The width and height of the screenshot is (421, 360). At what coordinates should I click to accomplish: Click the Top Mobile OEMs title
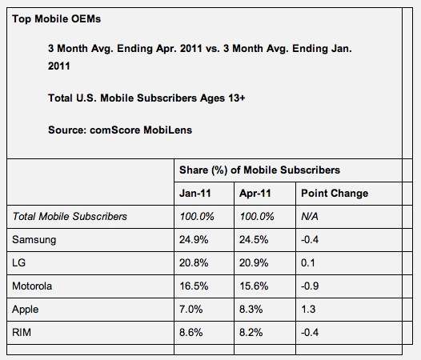pyautogui.click(x=56, y=18)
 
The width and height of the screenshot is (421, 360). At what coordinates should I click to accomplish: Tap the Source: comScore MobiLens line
pyautogui.click(x=120, y=130)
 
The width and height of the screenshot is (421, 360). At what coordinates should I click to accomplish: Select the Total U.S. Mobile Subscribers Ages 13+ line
pyautogui.click(x=146, y=98)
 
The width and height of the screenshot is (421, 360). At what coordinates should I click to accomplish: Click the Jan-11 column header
pyautogui.click(x=195, y=194)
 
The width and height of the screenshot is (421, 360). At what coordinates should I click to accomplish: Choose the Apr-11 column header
pyautogui.click(x=255, y=194)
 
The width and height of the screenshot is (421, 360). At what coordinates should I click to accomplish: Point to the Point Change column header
pyautogui.click(x=335, y=194)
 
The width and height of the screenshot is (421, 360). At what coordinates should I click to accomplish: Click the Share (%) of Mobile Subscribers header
pyautogui.click(x=259, y=170)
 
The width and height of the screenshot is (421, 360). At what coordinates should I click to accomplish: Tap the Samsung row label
pyautogui.click(x=34, y=240)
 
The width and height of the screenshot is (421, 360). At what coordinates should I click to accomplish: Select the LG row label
pyautogui.click(x=18, y=263)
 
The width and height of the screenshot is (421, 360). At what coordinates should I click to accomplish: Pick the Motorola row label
pyautogui.click(x=32, y=286)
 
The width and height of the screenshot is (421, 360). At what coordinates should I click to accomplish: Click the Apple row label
pyautogui.click(x=26, y=310)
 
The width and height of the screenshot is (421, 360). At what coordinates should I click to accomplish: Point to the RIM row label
pyautogui.click(x=22, y=332)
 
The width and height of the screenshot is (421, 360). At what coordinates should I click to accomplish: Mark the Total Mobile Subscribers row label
pyautogui.click(x=70, y=216)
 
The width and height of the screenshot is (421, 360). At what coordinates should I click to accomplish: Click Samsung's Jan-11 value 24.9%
pyautogui.click(x=194, y=239)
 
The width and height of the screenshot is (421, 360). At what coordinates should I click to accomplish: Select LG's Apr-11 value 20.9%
pyautogui.click(x=254, y=263)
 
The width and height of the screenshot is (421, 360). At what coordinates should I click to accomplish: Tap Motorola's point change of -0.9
pyautogui.click(x=310, y=286)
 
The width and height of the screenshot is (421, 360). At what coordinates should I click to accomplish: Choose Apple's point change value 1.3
pyautogui.click(x=308, y=310)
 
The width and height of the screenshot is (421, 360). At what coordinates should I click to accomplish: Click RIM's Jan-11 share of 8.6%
pyautogui.click(x=191, y=332)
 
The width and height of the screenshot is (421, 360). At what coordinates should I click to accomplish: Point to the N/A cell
pyautogui.click(x=310, y=216)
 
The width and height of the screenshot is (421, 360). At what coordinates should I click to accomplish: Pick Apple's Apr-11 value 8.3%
pyautogui.click(x=251, y=310)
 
